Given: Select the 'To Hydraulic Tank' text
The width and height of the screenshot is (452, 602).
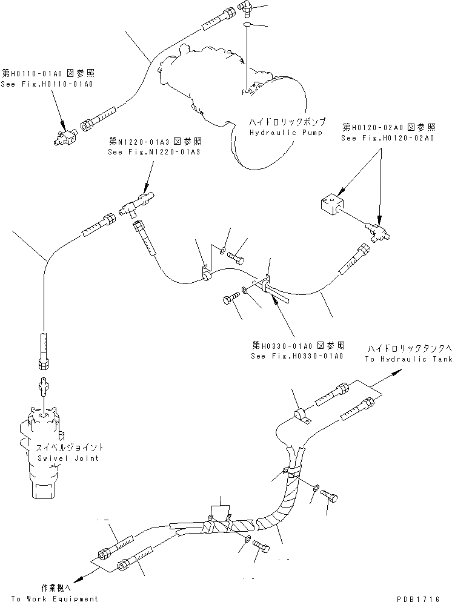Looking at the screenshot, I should point(408,359).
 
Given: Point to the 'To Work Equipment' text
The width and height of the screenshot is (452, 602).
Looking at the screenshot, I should point(54,598).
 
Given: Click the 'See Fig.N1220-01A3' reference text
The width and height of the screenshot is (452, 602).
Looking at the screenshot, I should point(153,151).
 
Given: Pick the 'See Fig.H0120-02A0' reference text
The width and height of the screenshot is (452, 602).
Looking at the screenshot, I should point(387,138).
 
